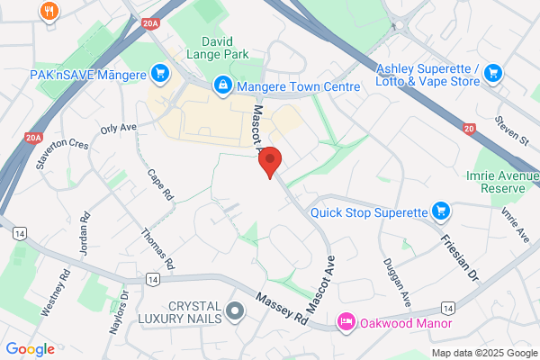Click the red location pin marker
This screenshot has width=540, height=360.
(271, 161)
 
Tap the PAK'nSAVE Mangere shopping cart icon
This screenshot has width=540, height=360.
(160, 72)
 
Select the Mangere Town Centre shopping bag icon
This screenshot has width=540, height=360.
(221, 85)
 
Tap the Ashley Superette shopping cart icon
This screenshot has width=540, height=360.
(491, 72)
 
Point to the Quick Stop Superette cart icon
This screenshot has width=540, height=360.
(440, 212)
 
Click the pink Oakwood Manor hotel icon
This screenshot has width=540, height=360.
(345, 322)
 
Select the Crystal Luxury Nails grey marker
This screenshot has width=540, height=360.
(236, 312)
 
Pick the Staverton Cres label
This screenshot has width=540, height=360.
(62, 153)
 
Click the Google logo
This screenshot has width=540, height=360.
(30, 348)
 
